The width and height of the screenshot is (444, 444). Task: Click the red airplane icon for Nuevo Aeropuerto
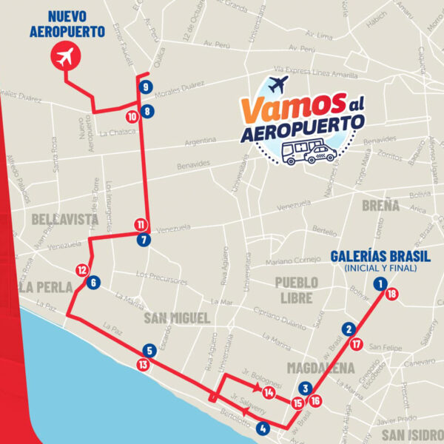[67, 56]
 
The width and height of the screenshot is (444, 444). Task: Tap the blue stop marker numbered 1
[380, 283]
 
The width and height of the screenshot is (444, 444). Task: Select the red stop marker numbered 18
[391, 294]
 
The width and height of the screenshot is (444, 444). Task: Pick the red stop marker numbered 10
[132, 116]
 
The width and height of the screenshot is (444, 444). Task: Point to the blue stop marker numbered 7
[143, 240]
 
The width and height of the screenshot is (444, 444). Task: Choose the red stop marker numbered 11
[141, 225]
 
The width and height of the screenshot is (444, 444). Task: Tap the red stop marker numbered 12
[82, 270]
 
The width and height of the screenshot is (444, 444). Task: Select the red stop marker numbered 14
[268, 392]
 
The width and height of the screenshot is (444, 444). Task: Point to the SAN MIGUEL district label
[176, 318]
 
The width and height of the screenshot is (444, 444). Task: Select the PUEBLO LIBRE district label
[296, 289]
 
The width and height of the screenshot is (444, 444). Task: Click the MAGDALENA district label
[322, 368]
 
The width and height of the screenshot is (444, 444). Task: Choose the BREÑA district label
[380, 205]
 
